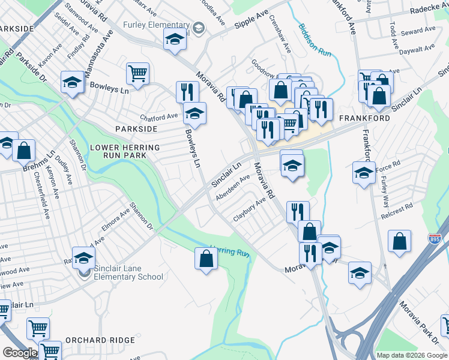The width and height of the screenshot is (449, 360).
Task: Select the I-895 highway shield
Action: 433,239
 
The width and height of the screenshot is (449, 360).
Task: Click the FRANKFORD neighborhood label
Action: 365,118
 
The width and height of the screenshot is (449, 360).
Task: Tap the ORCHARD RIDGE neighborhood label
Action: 100,340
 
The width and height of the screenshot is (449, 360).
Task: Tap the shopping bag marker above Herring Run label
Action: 206,259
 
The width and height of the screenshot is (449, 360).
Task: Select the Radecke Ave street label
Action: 430,8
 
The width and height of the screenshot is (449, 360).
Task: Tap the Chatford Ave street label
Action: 159,116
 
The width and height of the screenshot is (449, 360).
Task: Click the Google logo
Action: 20,353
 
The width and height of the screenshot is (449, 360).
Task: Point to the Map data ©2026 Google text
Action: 410,355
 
